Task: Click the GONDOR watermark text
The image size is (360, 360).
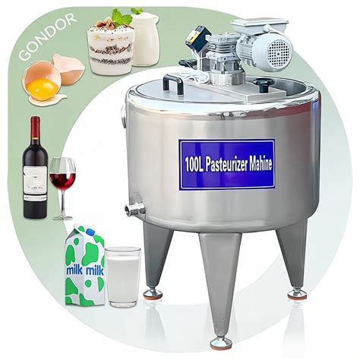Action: click(x=48, y=36)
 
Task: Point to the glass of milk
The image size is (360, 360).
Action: click(x=123, y=277)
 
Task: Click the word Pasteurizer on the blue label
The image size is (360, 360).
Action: click(x=226, y=165)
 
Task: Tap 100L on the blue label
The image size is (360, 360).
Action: click(x=194, y=165)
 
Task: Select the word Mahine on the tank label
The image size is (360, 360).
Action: click(x=261, y=163)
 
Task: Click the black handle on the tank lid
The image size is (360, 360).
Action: click(x=173, y=82)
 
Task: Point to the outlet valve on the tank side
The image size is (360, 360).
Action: click(x=134, y=209)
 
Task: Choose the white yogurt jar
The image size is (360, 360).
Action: click(x=145, y=39)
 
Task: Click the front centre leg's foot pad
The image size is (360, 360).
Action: click(x=221, y=343)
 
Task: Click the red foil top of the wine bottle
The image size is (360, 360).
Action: click(x=36, y=128)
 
